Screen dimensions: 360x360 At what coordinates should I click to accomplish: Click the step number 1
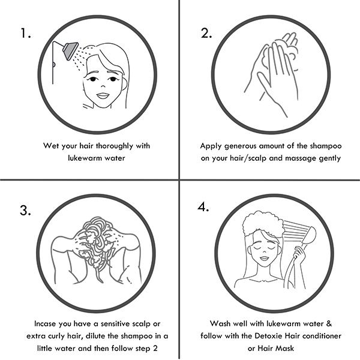[x=26, y=33]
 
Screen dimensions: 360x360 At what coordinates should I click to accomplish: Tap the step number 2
[x=206, y=33]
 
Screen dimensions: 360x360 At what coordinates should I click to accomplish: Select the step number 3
[x=25, y=211]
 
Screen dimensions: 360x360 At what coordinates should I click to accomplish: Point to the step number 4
[x=203, y=207]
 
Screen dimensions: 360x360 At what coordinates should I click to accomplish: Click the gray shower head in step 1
[x=70, y=50]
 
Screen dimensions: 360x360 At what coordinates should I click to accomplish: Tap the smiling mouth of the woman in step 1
[x=103, y=95]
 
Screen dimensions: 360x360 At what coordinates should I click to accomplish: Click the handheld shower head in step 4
[x=309, y=235]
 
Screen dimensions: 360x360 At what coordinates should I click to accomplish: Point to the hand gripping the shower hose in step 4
[x=299, y=254]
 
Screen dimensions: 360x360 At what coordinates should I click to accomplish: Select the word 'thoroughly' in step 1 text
[x=115, y=146]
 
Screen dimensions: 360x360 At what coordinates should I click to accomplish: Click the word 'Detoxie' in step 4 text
[x=269, y=336]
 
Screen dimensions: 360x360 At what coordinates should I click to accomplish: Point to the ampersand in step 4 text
[x=329, y=323]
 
